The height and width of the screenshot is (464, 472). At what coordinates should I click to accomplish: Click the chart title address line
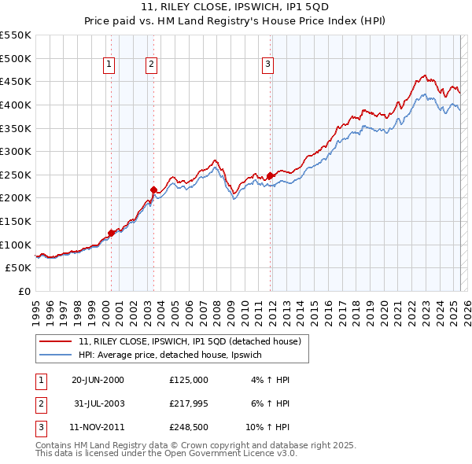click(235, 8)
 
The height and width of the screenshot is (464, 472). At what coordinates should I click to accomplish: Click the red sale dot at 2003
click(154, 189)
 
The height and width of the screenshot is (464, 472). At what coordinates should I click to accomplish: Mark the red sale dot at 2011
click(270, 175)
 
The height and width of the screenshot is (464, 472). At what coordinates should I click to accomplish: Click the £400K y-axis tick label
click(16, 105)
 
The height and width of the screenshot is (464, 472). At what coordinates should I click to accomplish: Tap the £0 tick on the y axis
click(25, 291)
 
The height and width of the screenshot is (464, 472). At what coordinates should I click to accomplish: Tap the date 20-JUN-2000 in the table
click(98, 380)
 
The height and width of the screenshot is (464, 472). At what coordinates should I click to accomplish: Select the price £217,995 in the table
click(189, 404)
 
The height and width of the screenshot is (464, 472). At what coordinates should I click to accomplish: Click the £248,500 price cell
click(189, 429)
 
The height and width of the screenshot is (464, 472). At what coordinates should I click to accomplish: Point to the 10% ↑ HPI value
click(271, 429)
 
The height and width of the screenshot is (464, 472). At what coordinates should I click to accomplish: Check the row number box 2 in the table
click(39, 404)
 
